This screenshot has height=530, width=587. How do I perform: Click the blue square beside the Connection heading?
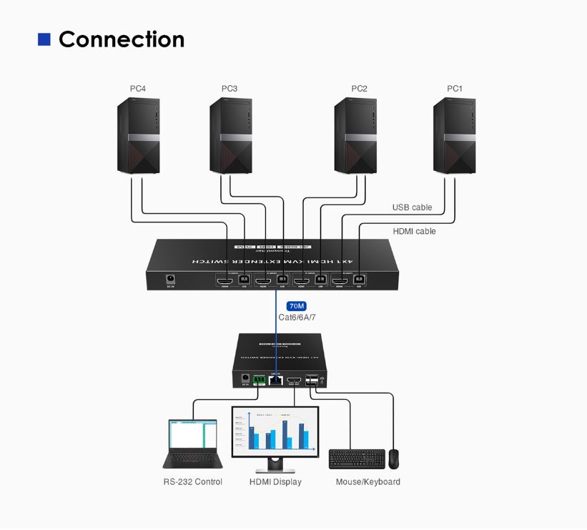tap(44, 39)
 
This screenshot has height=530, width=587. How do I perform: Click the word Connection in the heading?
tap(122, 39)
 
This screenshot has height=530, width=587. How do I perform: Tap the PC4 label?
tap(138, 89)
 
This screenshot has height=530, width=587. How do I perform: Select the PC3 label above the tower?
tap(230, 89)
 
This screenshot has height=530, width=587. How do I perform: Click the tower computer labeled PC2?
tap(356, 136)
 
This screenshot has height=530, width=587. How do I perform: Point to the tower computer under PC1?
tap(454, 136)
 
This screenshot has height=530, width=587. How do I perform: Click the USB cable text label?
tap(412, 207)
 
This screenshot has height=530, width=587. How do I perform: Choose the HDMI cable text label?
tap(414, 231)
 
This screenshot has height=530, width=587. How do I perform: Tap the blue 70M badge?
tap(297, 306)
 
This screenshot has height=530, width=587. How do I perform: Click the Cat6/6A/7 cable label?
tap(297, 317)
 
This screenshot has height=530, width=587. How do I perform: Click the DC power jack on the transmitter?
tap(171, 278)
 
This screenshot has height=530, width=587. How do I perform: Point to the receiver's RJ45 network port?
tap(276, 379)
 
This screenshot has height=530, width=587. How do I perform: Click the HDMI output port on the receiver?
tap(294, 380)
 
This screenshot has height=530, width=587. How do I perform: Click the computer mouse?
tap(394, 458)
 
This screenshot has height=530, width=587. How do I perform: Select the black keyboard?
tap(356, 458)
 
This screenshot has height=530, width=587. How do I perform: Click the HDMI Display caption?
tap(275, 482)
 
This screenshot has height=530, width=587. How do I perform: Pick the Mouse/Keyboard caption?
tap(368, 482)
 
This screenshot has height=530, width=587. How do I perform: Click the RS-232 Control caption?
tap(192, 482)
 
